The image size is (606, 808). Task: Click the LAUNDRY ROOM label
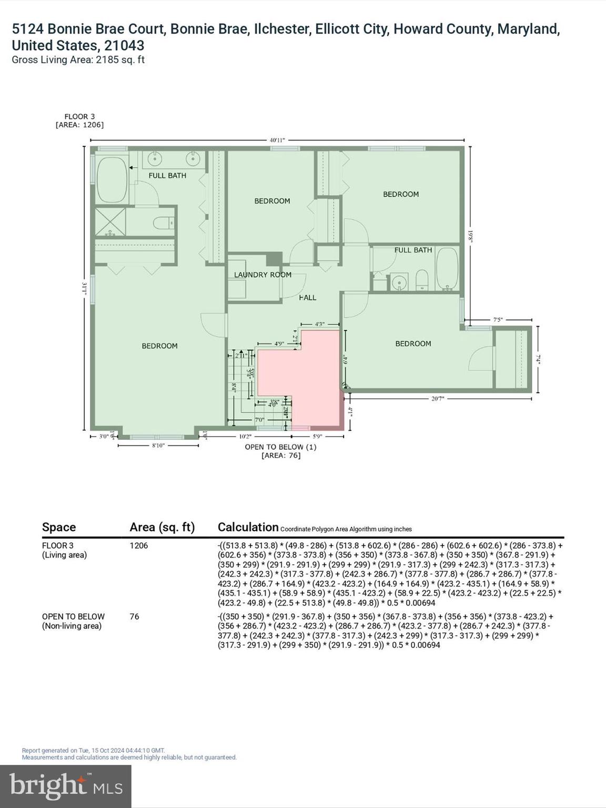(x=262, y=275)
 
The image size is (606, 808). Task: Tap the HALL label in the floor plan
(x=308, y=298)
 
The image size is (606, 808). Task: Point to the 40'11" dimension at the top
(x=277, y=140)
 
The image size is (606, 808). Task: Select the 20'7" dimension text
(x=438, y=399)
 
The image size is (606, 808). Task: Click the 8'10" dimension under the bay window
(x=158, y=446)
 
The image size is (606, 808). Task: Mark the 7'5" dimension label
(x=498, y=320)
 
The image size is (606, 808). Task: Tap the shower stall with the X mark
(x=110, y=221)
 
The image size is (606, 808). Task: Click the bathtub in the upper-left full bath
(x=112, y=179)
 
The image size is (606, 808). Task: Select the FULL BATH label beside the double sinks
(x=167, y=176)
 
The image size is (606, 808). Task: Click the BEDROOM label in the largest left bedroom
(x=159, y=346)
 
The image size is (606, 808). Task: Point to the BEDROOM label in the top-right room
(x=401, y=194)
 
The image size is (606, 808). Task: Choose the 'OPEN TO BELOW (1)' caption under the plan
(x=280, y=447)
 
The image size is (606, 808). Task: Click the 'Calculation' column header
(x=248, y=527)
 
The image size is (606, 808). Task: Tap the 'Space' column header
(x=59, y=527)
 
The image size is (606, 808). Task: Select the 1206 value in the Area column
(x=139, y=546)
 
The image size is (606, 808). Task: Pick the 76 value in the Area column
(x=135, y=617)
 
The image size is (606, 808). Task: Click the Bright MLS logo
(x=66, y=786)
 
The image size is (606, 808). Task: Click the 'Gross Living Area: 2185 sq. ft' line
(x=78, y=60)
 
